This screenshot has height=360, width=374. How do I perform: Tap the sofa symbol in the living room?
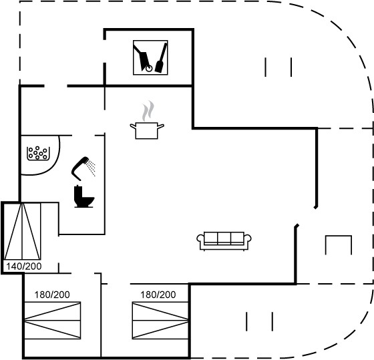224,241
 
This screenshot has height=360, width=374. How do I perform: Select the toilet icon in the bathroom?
83,196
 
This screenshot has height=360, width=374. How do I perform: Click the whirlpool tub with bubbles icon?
38,153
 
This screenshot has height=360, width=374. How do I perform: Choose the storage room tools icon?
150,57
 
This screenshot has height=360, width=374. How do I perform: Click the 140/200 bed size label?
24,266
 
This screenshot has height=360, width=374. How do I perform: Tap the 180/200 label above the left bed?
52,295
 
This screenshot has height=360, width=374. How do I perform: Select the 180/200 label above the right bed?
158,295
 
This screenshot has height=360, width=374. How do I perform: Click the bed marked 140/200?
22,231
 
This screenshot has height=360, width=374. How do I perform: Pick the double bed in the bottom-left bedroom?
53,321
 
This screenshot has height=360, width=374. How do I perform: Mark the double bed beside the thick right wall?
160,321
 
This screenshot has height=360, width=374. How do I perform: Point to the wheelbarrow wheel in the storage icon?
149,69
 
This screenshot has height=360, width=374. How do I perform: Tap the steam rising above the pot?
148,111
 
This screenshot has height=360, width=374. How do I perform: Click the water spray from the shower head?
91,168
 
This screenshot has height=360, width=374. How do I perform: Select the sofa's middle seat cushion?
224,238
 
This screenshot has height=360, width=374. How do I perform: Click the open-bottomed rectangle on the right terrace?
339,236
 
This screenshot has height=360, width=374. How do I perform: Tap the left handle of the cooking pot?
133,126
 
